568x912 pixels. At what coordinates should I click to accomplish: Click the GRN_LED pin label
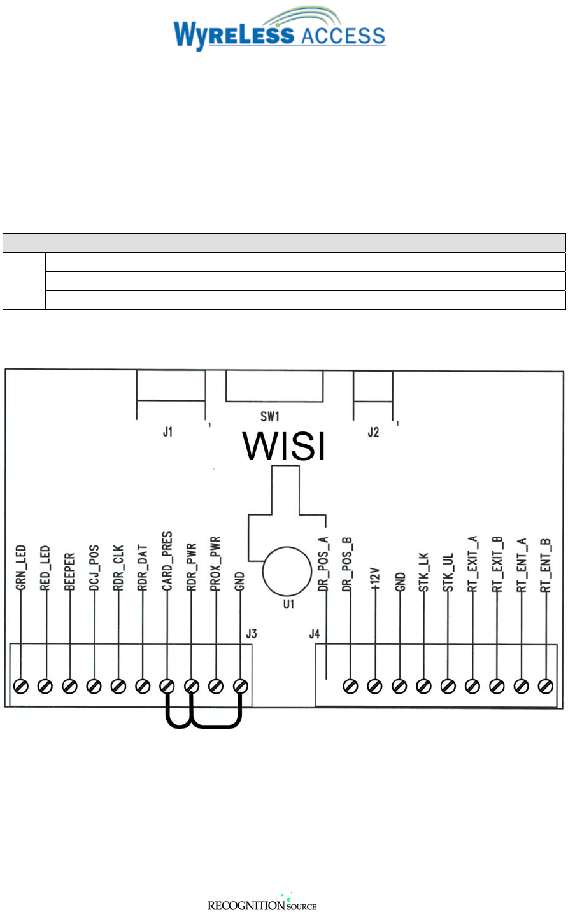point(21,568)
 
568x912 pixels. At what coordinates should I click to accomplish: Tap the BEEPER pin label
point(69,572)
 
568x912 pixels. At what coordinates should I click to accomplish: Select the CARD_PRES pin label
point(167,561)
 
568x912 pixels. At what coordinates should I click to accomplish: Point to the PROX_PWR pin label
point(216,565)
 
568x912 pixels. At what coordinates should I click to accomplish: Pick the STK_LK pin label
point(423,573)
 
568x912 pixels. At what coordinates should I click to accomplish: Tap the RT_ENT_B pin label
point(545,565)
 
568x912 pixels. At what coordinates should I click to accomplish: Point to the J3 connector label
point(252,634)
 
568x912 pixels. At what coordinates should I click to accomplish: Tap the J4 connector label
point(315,634)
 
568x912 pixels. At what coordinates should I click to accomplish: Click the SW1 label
point(270,417)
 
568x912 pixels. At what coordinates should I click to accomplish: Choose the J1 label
point(167,432)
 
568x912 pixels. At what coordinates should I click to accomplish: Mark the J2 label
point(373,432)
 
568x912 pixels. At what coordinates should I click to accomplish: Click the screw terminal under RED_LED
point(45,686)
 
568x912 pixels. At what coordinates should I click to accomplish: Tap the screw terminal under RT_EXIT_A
point(472,686)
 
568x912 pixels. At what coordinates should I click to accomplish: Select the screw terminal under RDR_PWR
point(191,686)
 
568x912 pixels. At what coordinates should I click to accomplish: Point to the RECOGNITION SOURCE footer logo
point(262,904)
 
